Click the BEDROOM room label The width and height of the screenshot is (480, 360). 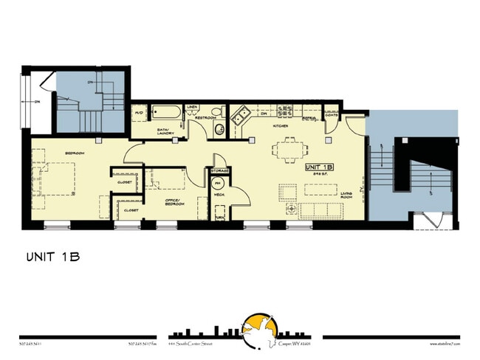point(75,153)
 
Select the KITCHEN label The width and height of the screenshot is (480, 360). point(280,126)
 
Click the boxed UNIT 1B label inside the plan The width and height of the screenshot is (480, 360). point(319,167)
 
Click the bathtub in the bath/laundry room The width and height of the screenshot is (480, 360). point(169,114)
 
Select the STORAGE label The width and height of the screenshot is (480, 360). point(219,170)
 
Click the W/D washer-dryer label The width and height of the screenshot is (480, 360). point(139,113)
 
